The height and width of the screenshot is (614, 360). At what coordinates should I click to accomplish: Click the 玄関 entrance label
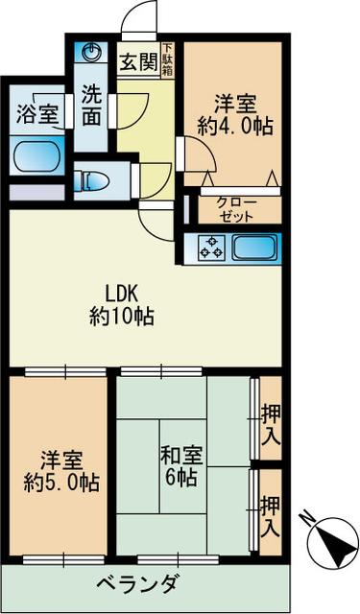click(138, 62)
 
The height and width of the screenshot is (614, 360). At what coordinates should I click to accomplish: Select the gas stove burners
click(211, 248)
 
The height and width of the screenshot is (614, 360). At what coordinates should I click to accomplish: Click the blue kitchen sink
click(253, 248)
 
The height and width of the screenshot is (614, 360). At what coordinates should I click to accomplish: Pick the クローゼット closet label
click(236, 210)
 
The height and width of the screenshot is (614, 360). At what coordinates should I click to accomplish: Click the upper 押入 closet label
click(272, 427)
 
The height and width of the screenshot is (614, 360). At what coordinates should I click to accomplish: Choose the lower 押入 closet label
click(272, 514)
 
